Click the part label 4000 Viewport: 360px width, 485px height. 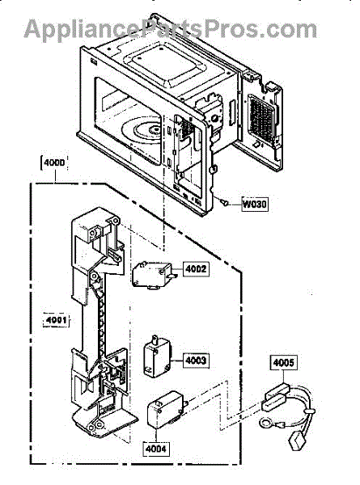point(54,163)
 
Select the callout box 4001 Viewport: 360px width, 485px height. point(56,320)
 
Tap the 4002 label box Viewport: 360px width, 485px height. point(196,269)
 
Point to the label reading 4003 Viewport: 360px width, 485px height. point(196,360)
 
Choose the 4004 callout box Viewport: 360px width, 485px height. point(155,449)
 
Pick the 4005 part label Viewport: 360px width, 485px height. point(283,362)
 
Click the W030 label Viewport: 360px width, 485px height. point(255,205)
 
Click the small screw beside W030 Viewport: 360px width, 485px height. point(224,202)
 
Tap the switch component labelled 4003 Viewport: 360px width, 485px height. point(157,356)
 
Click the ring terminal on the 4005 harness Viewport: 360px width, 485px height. point(265,423)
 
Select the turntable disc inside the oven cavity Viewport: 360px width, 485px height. point(143,132)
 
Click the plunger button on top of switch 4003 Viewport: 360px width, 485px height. point(155,339)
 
